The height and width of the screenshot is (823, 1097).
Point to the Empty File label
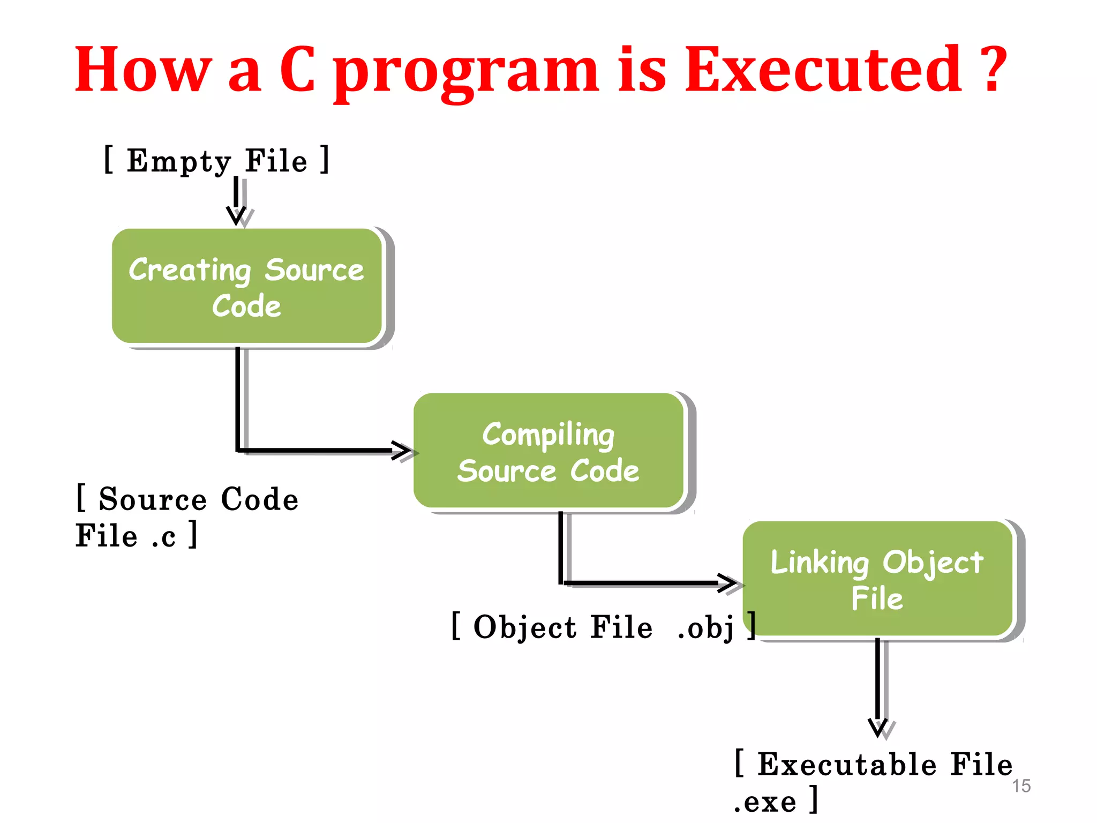pos(216,160)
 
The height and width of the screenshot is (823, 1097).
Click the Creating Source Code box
pos(247,286)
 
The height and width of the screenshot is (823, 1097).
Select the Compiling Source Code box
pos(548,451)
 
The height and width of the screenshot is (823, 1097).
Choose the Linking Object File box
pos(877,579)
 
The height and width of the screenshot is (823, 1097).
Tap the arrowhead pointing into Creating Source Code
pos(236,215)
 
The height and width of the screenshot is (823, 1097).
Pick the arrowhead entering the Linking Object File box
pos(728,583)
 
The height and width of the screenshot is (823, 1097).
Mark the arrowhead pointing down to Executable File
pos(878,728)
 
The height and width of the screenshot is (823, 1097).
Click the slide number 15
pos(1021,786)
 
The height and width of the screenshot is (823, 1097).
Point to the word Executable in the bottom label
pos(847,764)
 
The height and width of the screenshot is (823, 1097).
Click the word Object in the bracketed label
pos(525,627)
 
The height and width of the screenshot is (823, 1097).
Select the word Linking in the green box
pos(820,563)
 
